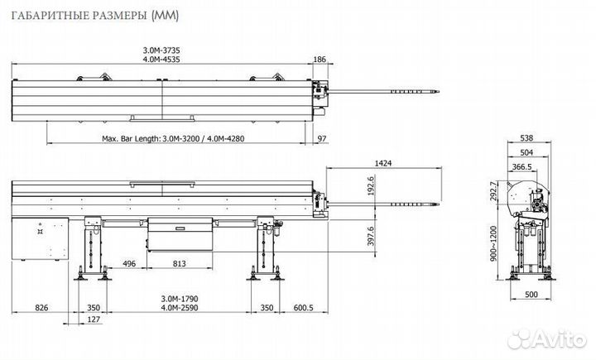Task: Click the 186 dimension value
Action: (320, 60)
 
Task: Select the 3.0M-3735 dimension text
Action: (161, 50)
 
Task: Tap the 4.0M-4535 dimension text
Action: (161, 60)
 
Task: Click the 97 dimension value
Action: (323, 139)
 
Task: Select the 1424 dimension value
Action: (382, 164)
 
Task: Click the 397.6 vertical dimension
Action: (372, 236)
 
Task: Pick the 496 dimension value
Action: (128, 264)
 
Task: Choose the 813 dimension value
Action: (180, 264)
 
